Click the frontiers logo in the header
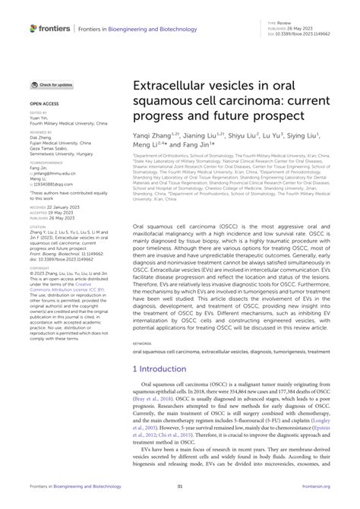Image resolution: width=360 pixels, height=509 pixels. (x=50, y=28)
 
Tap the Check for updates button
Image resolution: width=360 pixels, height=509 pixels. (x=52, y=84)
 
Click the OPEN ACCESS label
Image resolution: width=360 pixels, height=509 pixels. (x=43, y=101)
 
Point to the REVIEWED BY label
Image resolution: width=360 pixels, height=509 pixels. (x=42, y=131)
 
